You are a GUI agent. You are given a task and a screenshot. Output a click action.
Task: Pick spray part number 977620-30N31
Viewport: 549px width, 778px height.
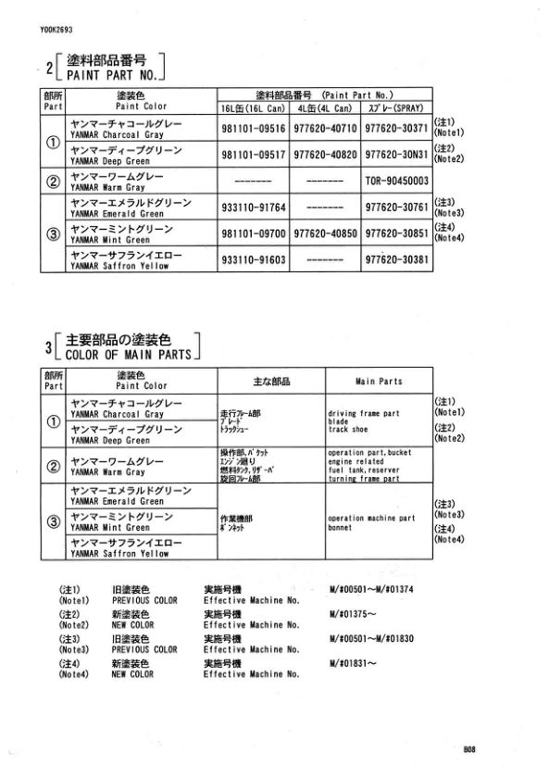[395, 155]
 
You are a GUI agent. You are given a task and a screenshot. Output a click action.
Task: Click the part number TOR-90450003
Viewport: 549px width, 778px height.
[395, 180]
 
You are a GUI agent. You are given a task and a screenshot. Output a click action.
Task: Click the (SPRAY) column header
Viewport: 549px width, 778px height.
[395, 107]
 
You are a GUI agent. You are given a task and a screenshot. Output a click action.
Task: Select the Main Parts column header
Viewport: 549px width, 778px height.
[379, 382]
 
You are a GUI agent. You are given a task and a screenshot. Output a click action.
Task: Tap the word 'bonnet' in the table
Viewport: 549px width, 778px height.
[341, 527]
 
